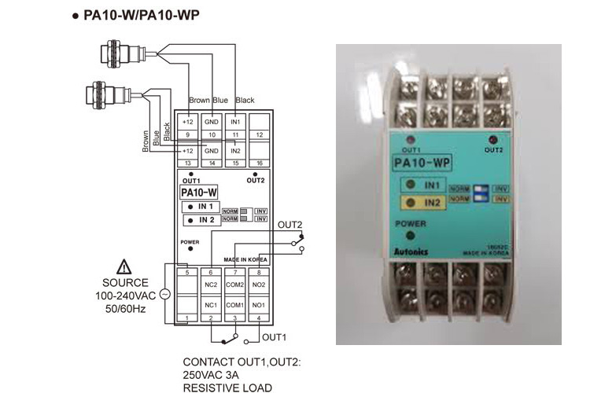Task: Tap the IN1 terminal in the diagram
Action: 234,123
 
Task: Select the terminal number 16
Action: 260,163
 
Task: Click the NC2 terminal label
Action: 211,285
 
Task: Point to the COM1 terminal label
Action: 234,304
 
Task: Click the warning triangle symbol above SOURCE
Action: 124,266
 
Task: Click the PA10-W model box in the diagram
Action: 199,192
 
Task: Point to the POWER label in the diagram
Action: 190,242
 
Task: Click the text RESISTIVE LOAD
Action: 227,387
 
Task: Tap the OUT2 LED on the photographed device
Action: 492,140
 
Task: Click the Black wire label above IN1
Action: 245,101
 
